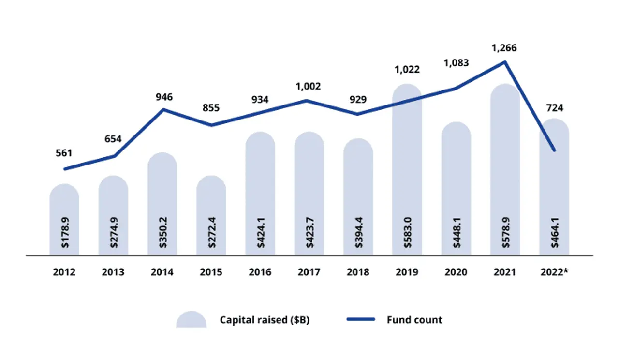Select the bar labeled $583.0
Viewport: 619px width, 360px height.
pyautogui.click(x=407, y=169)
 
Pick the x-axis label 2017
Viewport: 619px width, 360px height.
pyautogui.click(x=309, y=272)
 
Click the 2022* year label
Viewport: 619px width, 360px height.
pyautogui.click(x=554, y=272)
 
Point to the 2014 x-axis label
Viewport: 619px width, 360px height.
pyautogui.click(x=162, y=272)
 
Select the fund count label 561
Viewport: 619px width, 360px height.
pyautogui.click(x=64, y=153)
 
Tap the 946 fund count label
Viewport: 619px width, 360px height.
pyautogui.click(x=164, y=97)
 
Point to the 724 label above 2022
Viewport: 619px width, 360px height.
pyautogui.click(x=554, y=107)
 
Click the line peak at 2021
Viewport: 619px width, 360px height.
pyautogui.click(x=505, y=62)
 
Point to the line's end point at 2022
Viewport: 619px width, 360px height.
pyautogui.click(x=554, y=151)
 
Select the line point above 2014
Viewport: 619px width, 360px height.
pyautogui.click(x=163, y=109)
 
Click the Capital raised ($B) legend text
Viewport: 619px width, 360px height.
pyautogui.click(x=265, y=320)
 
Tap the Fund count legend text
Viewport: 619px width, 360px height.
pyautogui.click(x=414, y=320)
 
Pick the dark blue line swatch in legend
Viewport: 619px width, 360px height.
pyautogui.click(x=361, y=320)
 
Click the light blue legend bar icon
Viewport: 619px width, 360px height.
pyautogui.click(x=192, y=319)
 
